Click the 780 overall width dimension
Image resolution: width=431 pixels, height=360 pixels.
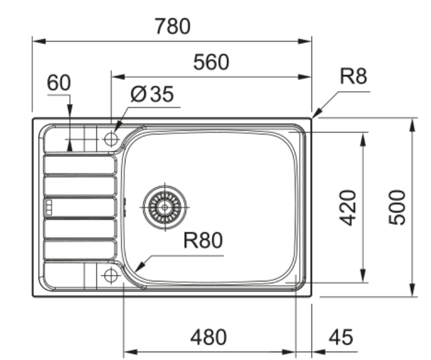pos(172,27)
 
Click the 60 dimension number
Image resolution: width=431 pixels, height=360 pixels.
pos(59,83)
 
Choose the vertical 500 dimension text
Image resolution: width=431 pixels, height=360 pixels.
pos(397,207)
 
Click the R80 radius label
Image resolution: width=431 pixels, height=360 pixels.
pos(202,240)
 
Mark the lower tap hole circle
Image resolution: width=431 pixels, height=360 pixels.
pos(110,276)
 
